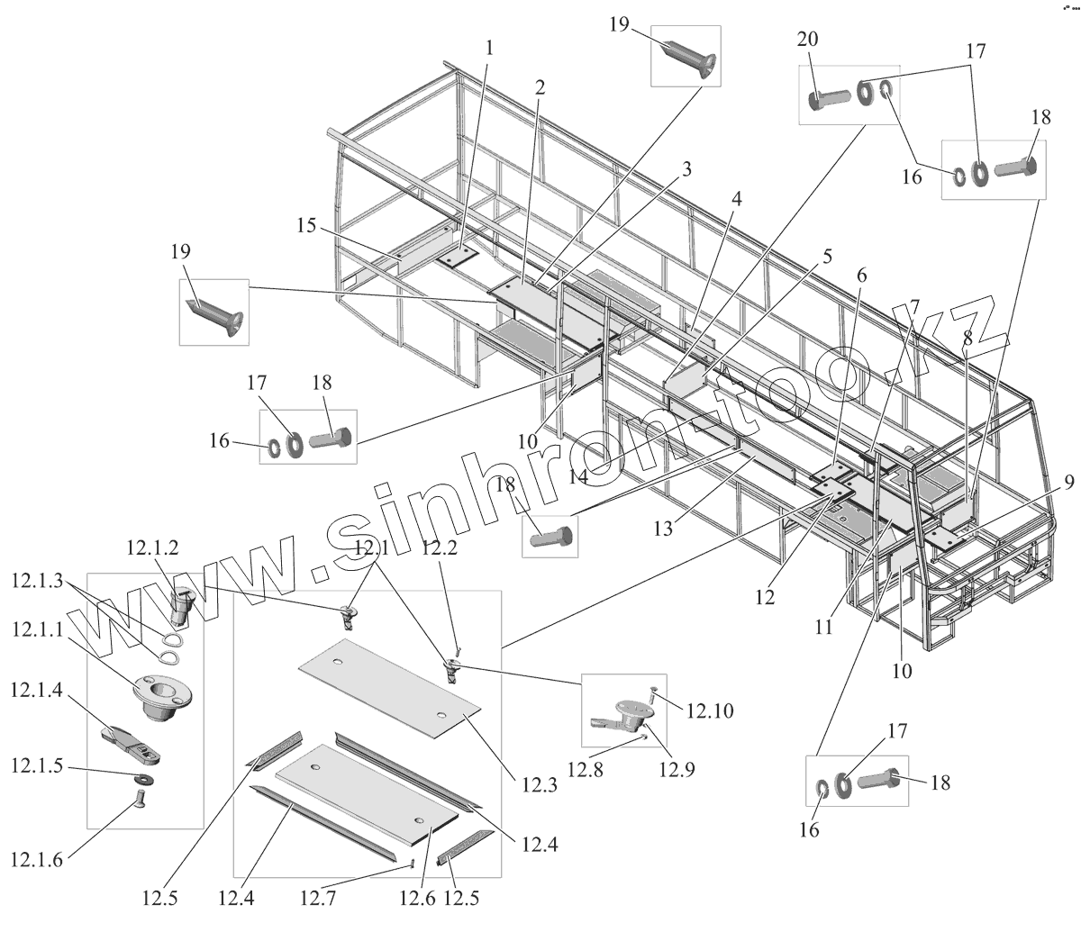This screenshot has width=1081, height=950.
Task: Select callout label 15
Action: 307,226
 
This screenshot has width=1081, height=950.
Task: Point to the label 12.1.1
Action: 37,631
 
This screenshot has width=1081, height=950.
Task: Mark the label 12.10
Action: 709,711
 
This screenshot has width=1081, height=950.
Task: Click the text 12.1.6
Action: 37,860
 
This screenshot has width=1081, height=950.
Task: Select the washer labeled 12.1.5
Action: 142,778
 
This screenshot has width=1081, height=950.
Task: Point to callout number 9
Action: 1068,483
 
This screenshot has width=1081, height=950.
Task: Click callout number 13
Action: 663,529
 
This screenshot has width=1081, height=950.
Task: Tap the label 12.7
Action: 322,897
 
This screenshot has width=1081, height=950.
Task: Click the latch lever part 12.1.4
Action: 133,740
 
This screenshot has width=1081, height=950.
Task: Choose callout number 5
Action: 826,256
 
